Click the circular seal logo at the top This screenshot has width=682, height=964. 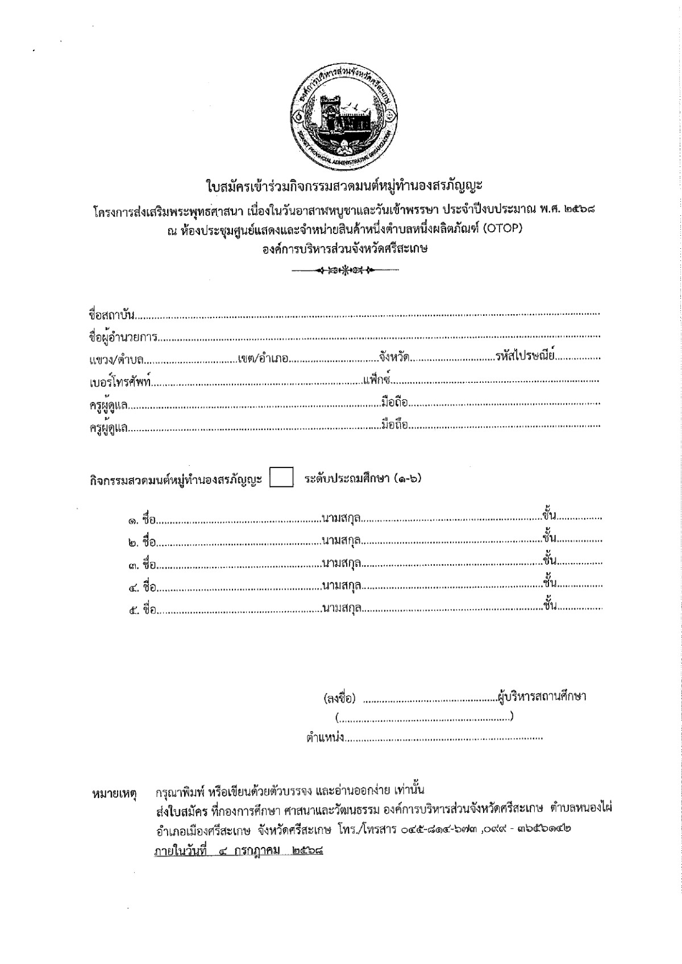click(343, 115)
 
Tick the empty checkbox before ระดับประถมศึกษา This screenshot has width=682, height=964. click(281, 478)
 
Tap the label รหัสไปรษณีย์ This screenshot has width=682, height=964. click(525, 357)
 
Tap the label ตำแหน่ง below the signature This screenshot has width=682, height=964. click(325, 739)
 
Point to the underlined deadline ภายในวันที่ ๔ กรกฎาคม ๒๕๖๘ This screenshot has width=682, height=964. click(235, 852)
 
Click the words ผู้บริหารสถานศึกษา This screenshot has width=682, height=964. click(542, 696)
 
